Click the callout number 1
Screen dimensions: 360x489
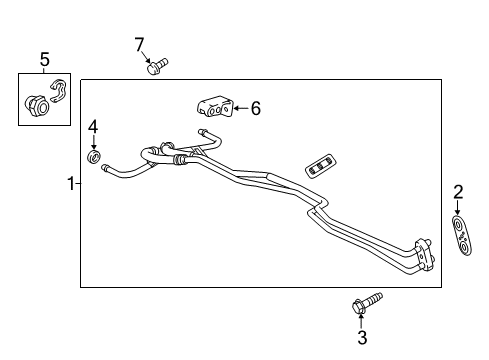point(70,184)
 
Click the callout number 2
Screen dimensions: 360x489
point(458,192)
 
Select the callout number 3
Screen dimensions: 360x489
point(362,338)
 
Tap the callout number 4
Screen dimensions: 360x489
point(93,127)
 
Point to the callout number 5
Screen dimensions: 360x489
point(44,61)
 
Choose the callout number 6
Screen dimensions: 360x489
point(255,108)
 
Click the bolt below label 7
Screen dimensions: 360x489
point(155,68)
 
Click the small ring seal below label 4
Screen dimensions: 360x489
point(94,155)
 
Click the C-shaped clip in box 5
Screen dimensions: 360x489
point(58,91)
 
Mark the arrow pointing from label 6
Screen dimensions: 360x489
point(240,108)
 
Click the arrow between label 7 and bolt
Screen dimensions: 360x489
point(147,56)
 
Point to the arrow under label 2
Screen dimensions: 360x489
point(458,207)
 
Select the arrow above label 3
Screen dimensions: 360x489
point(362,320)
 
